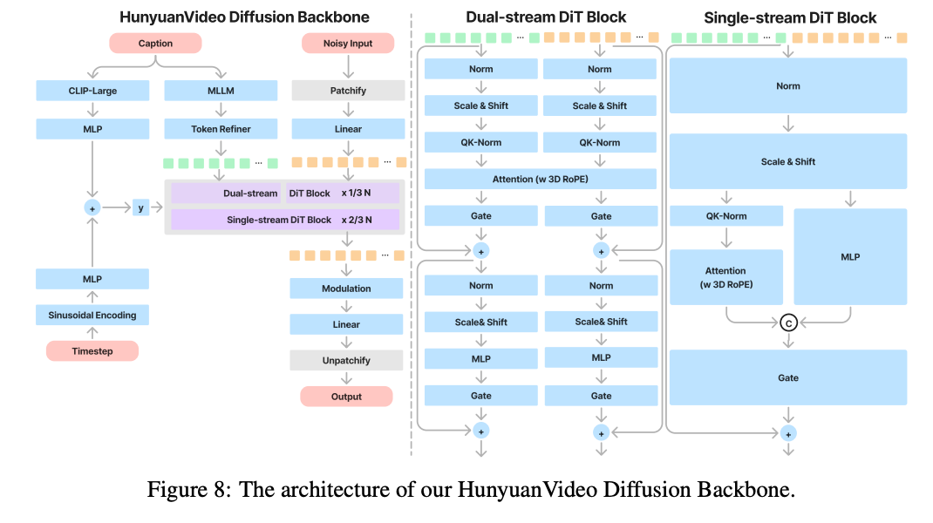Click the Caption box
point(155,43)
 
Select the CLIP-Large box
point(92,91)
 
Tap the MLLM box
point(221,91)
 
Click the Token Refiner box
point(221,129)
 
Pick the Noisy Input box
point(347,43)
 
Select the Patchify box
point(348,91)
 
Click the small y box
point(141,207)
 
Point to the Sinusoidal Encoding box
point(92,315)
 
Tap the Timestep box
point(92,351)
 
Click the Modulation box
point(347,289)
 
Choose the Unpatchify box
point(347,360)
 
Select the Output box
point(346,397)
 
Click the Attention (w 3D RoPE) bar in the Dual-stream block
point(540,179)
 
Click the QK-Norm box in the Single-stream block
point(725,216)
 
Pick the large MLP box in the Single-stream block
point(850,256)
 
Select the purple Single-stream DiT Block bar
point(284,220)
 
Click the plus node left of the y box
point(92,208)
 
